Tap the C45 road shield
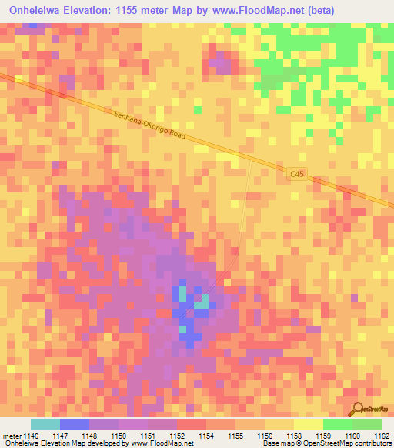click(x=299, y=175)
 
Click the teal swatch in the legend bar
click(x=45, y=424)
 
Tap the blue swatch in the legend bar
click(x=74, y=424)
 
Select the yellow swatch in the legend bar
click(x=308, y=424)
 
